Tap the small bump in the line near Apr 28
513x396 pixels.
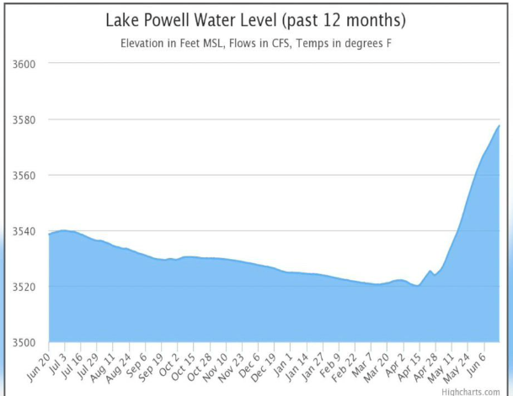tap(430, 271)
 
